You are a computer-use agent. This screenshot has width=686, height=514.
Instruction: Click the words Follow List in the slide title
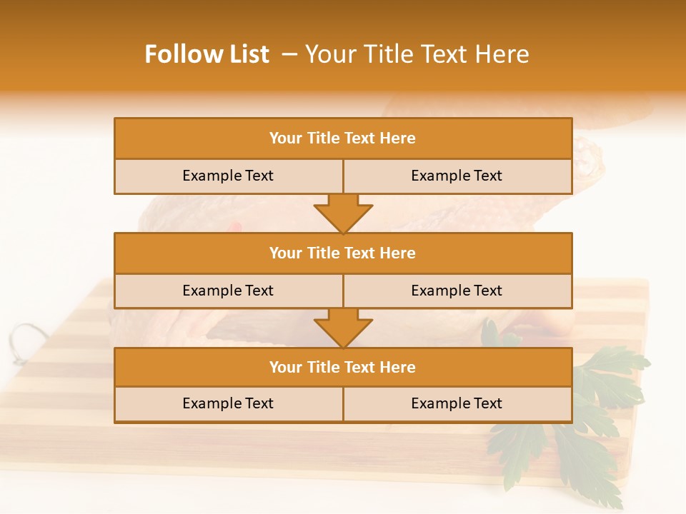click(207, 54)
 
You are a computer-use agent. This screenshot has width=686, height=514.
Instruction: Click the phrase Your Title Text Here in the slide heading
click(417, 54)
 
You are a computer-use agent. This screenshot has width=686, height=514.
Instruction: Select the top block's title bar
click(343, 138)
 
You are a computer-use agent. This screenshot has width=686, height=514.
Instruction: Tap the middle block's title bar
click(343, 253)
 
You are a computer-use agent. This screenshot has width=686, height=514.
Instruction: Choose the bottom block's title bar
click(343, 367)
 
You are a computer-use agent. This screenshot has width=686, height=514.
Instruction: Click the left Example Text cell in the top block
click(228, 176)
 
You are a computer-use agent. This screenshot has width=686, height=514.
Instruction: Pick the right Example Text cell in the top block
click(457, 176)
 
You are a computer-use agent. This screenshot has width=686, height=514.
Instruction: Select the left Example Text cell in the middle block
click(228, 291)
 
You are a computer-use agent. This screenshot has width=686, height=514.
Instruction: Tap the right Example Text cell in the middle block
click(457, 291)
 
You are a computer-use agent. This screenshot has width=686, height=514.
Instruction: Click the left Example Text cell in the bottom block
click(228, 403)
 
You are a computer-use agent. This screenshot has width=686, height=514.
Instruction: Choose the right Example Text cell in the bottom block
click(457, 403)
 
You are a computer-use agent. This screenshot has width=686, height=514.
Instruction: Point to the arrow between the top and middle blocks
click(343, 213)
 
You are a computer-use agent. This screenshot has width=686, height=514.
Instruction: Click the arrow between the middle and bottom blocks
click(343, 328)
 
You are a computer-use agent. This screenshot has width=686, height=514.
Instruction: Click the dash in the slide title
click(289, 54)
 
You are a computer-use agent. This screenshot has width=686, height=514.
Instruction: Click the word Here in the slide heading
click(504, 54)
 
